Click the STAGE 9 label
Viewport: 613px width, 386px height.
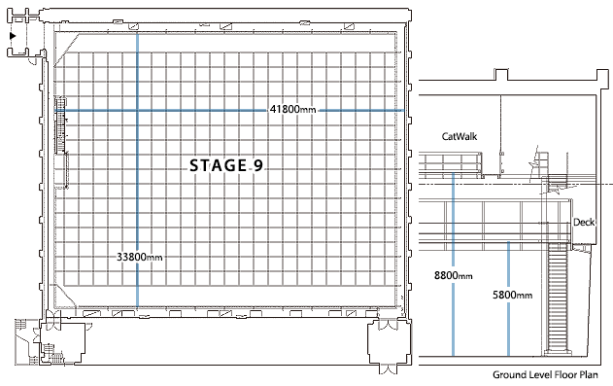point(226,166)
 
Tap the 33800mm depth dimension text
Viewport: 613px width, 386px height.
point(139,258)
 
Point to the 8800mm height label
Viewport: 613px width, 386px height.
point(453,276)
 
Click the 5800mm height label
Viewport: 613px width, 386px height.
point(512,295)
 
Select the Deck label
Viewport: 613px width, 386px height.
point(584,222)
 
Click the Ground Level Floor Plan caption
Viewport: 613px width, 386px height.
point(545,374)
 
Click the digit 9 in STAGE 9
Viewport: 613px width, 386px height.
point(258,166)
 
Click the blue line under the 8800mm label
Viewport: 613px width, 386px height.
point(453,321)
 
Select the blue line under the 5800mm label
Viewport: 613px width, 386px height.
point(511,331)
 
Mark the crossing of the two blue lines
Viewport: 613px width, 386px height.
point(138,111)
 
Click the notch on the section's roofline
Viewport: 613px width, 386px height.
point(502,74)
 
